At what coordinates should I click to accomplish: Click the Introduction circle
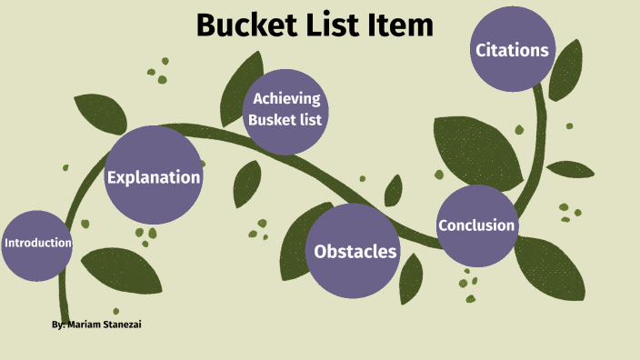click(36, 244)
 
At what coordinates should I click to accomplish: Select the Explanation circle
click(153, 177)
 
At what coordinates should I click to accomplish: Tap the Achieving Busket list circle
click(286, 109)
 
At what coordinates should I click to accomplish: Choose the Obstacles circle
click(355, 251)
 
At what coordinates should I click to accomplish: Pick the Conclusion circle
click(476, 225)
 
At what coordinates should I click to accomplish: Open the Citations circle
click(512, 50)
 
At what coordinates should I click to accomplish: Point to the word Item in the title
click(401, 25)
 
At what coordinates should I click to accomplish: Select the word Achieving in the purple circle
click(286, 99)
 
